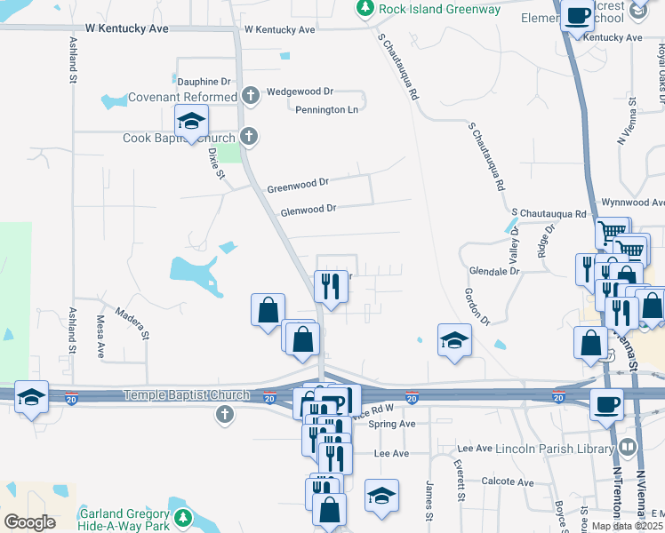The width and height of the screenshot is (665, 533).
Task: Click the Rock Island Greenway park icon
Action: [365, 8]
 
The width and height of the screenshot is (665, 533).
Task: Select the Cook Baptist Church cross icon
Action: [250, 137]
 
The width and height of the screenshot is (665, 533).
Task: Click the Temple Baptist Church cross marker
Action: [224, 414]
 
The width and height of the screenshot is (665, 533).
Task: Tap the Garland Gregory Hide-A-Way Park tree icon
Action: [183, 515]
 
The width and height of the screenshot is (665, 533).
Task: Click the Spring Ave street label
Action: [392, 424]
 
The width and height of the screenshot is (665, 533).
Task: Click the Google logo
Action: [29, 521]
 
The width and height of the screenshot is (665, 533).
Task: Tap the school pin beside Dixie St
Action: [191, 122]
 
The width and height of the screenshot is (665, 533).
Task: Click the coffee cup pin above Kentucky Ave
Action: [578, 15]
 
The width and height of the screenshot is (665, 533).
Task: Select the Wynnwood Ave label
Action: [632, 203]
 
